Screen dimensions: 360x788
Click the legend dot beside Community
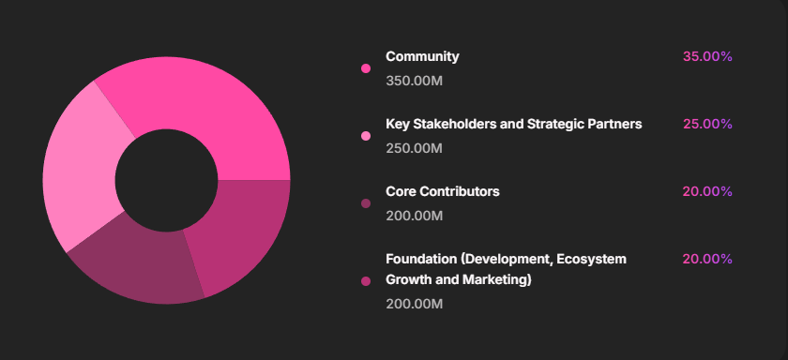[x=366, y=68]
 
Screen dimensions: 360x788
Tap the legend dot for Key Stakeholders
[x=366, y=136]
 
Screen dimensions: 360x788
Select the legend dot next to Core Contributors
[x=366, y=203]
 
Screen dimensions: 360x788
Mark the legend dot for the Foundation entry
[x=366, y=281]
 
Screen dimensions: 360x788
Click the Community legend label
[x=422, y=56]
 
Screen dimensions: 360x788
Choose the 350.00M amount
[x=414, y=81]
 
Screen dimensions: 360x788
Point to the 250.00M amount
[x=414, y=148]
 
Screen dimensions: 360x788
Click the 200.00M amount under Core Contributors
[x=414, y=216]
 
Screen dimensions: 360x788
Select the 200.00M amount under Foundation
[x=414, y=304]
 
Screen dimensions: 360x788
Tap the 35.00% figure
[x=707, y=56]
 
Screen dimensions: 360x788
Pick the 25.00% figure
[x=707, y=124]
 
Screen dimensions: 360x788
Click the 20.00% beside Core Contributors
[x=707, y=191]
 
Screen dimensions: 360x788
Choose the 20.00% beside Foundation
[x=707, y=259]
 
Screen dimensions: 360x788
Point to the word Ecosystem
[x=593, y=259]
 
